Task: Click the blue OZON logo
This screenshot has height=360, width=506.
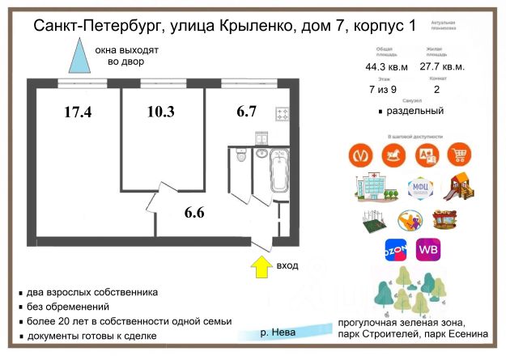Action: point(394,251)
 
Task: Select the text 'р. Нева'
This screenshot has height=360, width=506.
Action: point(278,332)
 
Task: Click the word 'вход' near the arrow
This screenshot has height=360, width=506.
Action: point(287,265)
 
